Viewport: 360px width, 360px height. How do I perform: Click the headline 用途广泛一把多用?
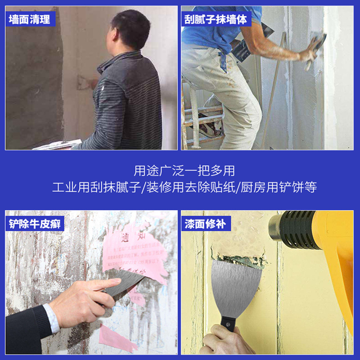[184, 171]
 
